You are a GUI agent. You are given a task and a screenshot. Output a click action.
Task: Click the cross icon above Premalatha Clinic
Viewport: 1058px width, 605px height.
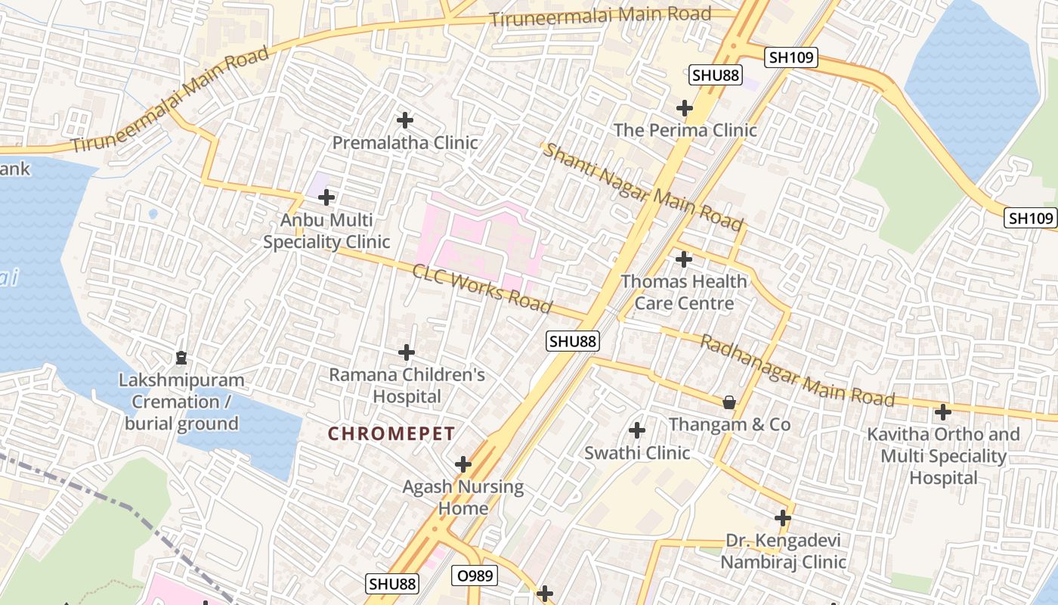tap(405, 120)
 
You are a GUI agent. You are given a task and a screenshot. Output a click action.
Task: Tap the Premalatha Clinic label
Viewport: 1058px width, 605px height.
tap(405, 143)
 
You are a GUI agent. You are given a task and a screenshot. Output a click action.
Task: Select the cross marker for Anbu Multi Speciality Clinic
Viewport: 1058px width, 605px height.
tap(326, 198)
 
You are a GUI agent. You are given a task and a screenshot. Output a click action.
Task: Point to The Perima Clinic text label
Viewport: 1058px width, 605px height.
tap(685, 130)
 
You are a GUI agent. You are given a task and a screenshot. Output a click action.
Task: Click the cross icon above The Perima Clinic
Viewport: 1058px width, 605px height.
tap(685, 108)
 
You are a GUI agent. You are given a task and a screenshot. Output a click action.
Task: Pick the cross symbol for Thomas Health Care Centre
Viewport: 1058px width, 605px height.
tap(684, 259)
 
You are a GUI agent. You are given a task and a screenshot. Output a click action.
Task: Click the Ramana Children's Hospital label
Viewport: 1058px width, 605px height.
tap(407, 385)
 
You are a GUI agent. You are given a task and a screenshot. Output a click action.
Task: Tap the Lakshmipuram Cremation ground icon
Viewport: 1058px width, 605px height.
tap(181, 357)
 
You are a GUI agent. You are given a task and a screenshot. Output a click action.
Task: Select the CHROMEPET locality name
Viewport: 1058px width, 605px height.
tap(391, 434)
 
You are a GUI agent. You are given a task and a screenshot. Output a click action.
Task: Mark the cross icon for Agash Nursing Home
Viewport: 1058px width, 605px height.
tap(463, 464)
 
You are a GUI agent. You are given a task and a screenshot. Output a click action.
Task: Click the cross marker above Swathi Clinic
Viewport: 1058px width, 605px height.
tap(637, 431)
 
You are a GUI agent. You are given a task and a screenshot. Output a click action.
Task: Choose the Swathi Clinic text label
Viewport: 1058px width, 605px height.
tap(637, 453)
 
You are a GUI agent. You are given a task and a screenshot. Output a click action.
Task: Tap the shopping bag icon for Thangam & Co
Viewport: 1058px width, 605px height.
tap(729, 402)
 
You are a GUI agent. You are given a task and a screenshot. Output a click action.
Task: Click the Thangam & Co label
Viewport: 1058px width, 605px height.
tap(729, 424)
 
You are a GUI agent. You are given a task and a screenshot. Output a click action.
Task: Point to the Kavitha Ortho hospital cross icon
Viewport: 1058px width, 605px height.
tap(943, 412)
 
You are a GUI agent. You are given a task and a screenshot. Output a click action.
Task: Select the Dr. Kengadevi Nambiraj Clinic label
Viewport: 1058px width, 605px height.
tap(783, 551)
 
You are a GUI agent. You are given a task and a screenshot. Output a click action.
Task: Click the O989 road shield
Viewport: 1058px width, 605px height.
tap(475, 576)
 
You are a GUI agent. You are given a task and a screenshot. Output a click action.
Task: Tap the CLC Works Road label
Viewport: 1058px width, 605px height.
tap(481, 288)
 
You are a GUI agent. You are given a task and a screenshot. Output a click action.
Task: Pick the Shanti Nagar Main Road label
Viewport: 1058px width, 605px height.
tap(643, 188)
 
